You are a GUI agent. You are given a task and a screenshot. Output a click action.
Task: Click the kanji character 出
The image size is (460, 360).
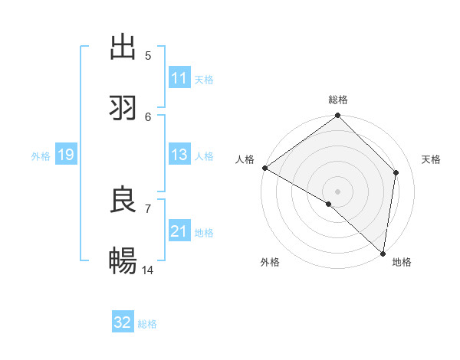tap(123, 47)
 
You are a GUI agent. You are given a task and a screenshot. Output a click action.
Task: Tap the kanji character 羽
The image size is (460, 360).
tap(123, 108)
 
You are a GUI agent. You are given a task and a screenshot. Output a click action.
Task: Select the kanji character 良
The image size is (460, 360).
tap(123, 200)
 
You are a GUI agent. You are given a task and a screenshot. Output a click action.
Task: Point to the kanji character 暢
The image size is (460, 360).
tap(123, 261)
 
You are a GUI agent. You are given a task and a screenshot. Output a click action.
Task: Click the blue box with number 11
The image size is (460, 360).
tap(179, 78)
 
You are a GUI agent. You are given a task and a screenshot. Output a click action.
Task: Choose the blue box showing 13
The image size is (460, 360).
tap(179, 155)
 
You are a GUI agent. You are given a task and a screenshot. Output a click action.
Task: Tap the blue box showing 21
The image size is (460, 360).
tap(179, 231)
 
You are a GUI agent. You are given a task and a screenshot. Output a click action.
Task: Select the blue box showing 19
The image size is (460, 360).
tap(65, 155)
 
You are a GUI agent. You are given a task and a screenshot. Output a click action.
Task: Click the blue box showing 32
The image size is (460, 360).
tap(123, 322)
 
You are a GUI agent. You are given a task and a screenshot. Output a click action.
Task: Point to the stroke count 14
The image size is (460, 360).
tap(148, 270)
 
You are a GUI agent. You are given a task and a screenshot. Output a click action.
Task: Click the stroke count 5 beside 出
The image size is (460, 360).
tap(148, 55)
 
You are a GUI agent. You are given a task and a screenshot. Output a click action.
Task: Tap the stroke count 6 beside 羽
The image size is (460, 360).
tap(148, 116)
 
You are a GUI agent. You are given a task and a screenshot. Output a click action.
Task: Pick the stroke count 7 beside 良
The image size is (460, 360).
tap(148, 208)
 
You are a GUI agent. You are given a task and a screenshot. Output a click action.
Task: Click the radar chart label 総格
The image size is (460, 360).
tap(338, 100)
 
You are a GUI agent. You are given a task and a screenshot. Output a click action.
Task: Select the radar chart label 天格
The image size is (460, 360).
tap(431, 159)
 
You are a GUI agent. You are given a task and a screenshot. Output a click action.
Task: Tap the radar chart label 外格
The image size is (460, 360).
tap(270, 263)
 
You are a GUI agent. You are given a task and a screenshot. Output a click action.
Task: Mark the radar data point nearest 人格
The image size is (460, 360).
tap(264, 168)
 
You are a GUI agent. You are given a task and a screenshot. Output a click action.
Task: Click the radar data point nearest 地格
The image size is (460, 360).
tap(383, 253)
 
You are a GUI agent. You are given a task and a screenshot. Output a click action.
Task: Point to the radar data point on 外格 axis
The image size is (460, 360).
tap(328, 204)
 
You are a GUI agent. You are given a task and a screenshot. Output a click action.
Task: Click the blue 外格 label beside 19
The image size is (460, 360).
tap(41, 155)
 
